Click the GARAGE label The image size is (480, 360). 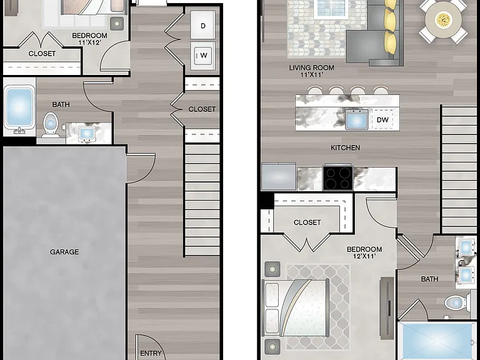[x=64, y=252]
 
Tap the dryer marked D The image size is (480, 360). [x=202, y=25]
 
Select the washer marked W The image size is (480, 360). [x=202, y=56]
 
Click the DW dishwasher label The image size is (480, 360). [x=382, y=120]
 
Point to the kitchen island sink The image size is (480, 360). [x=357, y=119]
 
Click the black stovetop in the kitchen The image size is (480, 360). [x=337, y=178]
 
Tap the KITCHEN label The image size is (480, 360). [x=345, y=148]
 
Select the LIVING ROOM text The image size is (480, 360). [x=312, y=67]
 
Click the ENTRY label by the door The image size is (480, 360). [x=151, y=353]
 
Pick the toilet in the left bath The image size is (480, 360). [x=51, y=124]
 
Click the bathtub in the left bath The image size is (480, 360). [x=19, y=107]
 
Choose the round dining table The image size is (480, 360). [x=443, y=19]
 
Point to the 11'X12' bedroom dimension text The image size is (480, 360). [x=90, y=43]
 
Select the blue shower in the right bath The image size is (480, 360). [x=437, y=341]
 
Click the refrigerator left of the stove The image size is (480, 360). [x=279, y=177]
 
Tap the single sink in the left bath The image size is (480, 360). [x=86, y=134]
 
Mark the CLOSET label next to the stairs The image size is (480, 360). [x=202, y=109]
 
